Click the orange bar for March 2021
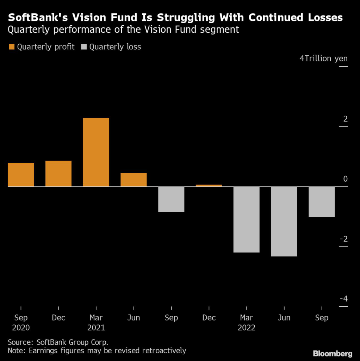(x=96, y=152)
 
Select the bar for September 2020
(x=21, y=175)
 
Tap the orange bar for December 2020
(x=58, y=173)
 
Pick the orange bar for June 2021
(x=134, y=179)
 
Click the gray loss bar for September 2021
(x=171, y=199)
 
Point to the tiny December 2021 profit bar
(x=209, y=185)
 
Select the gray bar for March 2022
(x=247, y=219)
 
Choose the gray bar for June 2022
(x=284, y=221)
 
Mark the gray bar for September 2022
(x=322, y=202)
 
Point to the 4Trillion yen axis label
(x=323, y=59)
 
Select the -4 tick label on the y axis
(x=343, y=299)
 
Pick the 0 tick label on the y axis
(x=345, y=179)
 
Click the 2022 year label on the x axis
(x=247, y=328)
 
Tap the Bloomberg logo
(x=333, y=353)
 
